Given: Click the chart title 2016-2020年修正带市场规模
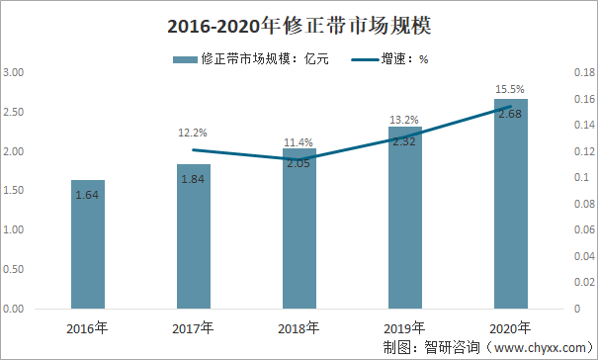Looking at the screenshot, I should pos(299,22).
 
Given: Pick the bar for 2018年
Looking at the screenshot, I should pos(299,228).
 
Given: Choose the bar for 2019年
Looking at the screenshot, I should pos(404,218).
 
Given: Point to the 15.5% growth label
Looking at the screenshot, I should pos(510,89).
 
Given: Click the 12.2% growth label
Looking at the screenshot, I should pos(193,132).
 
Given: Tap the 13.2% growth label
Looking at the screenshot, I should pos(404,119).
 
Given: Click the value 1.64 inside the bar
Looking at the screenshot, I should pos(89,195).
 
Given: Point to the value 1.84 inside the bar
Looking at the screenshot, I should pos(194,179).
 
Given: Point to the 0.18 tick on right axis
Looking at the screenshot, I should pos(582,73).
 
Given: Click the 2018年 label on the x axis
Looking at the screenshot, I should pos(299,328).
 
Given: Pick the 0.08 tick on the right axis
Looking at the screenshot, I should pos(582,205).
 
